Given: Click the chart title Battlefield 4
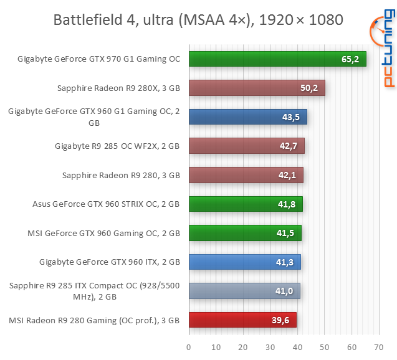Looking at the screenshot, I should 198,20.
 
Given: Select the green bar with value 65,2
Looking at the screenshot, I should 277,59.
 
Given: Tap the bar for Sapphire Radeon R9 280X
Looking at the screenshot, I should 256,88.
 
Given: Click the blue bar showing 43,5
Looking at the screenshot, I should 247,117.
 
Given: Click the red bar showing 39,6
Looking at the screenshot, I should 242,320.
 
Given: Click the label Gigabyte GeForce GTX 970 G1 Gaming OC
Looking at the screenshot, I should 98,59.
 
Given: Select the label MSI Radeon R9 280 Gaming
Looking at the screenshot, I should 95,321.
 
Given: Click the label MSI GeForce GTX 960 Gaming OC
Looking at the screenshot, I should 103,234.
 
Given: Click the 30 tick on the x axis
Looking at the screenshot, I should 270,348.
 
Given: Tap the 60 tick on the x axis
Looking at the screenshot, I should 352,348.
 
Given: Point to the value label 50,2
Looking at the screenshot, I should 309,88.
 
